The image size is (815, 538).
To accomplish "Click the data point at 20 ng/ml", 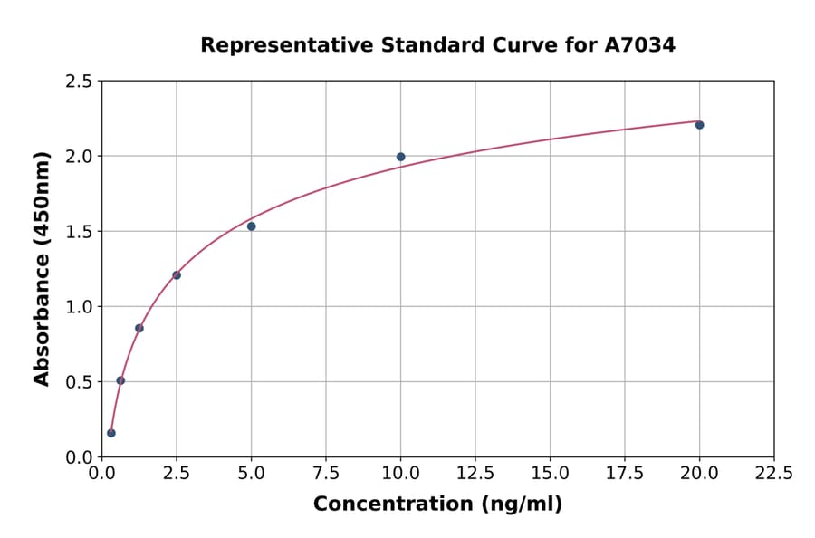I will pyautogui.click(x=699, y=125).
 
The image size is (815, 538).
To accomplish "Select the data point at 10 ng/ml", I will pyautogui.click(x=400, y=157).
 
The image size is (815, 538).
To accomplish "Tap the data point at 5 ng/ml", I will pyautogui.click(x=251, y=226).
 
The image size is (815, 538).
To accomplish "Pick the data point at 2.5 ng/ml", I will pyautogui.click(x=177, y=275).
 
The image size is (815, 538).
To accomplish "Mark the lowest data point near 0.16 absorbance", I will pyautogui.click(x=111, y=433).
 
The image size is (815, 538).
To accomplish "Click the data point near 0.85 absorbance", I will pyautogui.click(x=139, y=328).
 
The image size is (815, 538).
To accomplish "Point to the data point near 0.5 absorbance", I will pyautogui.click(x=120, y=380).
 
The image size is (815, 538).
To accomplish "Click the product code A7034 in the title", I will pyautogui.click(x=639, y=44).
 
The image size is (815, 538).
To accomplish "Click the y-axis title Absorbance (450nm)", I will pyautogui.click(x=42, y=268).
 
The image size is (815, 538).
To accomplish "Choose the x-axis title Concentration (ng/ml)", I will pyautogui.click(x=437, y=504).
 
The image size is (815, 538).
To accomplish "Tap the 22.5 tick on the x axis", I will pyautogui.click(x=773, y=474).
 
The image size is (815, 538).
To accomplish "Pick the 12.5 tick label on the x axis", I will pyautogui.click(x=475, y=474).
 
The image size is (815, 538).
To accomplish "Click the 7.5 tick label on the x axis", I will pyautogui.click(x=326, y=474).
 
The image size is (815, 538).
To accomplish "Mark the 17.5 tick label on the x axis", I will pyautogui.click(x=624, y=474).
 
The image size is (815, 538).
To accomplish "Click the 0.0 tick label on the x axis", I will pyautogui.click(x=102, y=474).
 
